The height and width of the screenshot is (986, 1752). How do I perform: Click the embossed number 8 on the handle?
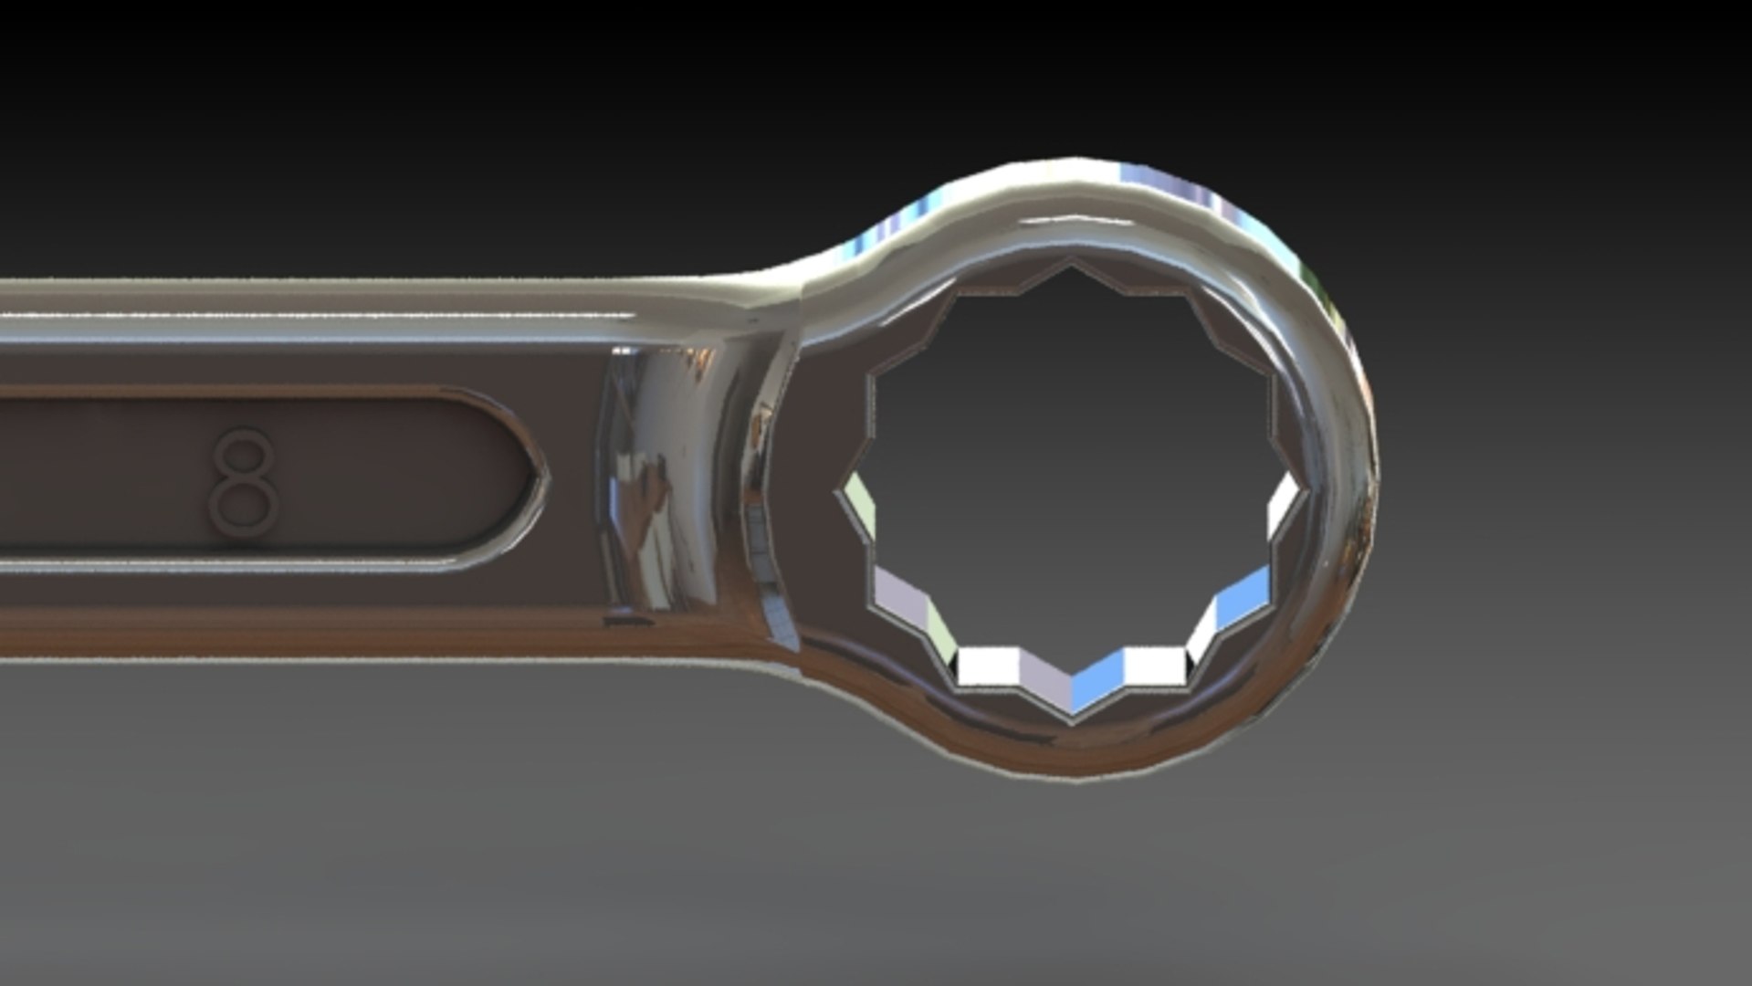pyautogui.click(x=244, y=482)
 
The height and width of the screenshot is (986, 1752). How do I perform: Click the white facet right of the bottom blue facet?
pyautogui.click(x=1154, y=665)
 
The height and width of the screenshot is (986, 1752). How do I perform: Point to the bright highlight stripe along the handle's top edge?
pyautogui.click(x=320, y=315)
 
